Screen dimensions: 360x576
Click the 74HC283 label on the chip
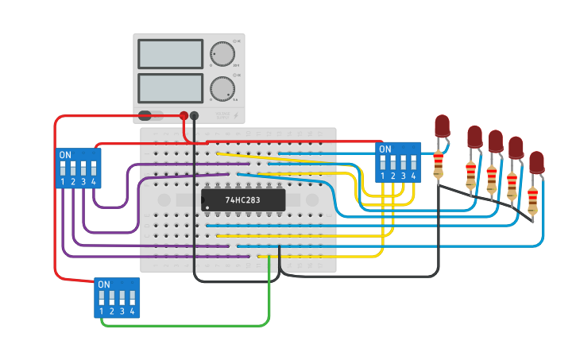coord(242,200)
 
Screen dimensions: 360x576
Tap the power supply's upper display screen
coord(170,54)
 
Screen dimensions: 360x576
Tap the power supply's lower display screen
coord(170,87)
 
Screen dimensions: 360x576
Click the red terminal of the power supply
coord(184,116)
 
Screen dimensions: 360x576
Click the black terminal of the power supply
coord(195,116)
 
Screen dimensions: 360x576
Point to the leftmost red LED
coord(443,126)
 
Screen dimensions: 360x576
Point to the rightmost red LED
coord(536,162)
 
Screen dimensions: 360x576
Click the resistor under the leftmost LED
coord(438,165)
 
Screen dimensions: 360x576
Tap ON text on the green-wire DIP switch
coord(103,285)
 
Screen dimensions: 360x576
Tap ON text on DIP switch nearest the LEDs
coord(385,149)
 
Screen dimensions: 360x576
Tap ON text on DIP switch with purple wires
coord(65,155)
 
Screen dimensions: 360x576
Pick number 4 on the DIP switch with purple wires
coord(94,182)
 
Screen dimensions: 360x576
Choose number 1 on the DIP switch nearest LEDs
coord(382,176)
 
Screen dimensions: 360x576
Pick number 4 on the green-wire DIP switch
coord(132,312)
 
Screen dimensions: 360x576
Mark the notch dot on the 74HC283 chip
coord(208,208)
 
